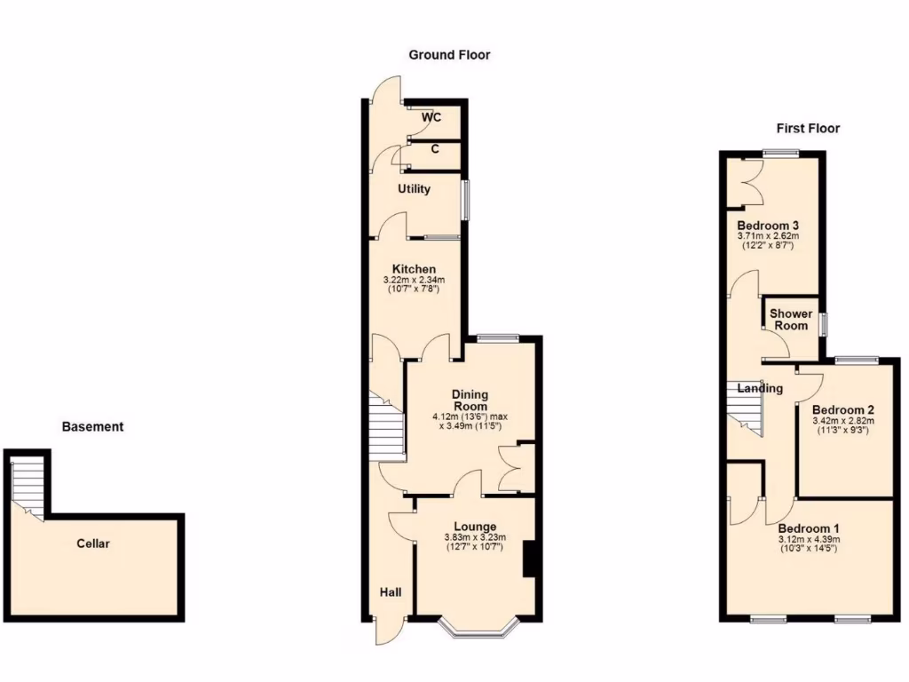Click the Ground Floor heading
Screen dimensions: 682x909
click(x=449, y=55)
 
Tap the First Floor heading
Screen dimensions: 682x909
click(x=808, y=129)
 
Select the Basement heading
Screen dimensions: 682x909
click(x=92, y=427)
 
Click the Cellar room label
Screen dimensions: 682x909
click(x=93, y=543)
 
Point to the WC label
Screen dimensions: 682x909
click(x=431, y=118)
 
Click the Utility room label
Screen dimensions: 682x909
click(x=414, y=189)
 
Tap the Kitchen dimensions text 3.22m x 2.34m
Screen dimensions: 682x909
click(x=414, y=281)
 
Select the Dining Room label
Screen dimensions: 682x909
click(x=470, y=400)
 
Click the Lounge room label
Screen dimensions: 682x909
click(x=475, y=527)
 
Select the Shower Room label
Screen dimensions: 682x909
click(x=790, y=320)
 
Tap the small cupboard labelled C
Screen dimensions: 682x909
click(x=434, y=149)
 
